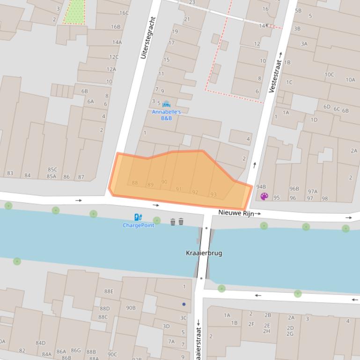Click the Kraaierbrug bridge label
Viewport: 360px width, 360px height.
(204, 253)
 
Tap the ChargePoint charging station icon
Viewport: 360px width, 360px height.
(138, 217)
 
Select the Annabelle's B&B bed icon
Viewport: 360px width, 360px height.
(166, 104)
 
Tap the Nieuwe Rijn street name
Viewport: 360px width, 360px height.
(236, 213)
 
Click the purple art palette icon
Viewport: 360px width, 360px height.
(264, 196)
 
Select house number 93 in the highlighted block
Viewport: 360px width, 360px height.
(213, 194)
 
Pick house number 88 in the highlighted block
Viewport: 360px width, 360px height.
(135, 183)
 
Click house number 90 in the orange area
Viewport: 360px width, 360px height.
(164, 182)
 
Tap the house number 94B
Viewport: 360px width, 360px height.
(261, 187)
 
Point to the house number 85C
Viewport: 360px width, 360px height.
(52, 169)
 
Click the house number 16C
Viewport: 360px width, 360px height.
(124, 13)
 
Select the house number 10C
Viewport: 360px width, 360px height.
(329, 74)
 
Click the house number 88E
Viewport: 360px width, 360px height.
(109, 291)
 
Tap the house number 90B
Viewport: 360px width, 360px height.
(131, 308)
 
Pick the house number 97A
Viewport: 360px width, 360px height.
(312, 191)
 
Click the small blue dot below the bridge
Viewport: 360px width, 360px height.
(184, 304)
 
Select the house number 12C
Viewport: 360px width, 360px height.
(114, 57)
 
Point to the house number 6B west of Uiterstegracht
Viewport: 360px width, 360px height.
(84, 92)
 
